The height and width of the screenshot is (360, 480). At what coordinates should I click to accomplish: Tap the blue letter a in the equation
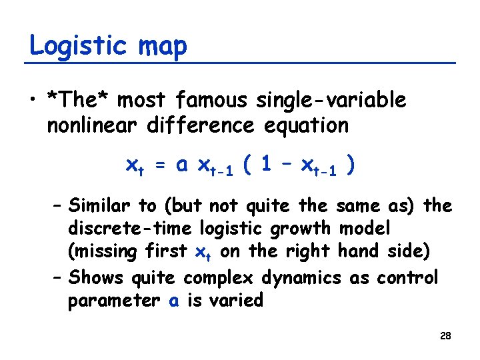pos(181,165)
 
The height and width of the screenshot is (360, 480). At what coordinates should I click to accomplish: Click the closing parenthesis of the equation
pos(349,165)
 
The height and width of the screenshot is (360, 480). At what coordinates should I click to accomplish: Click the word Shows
pos(94,277)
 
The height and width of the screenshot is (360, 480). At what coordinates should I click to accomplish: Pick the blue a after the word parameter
pos(174,301)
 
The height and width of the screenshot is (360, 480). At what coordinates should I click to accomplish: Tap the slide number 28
pos(445,336)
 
